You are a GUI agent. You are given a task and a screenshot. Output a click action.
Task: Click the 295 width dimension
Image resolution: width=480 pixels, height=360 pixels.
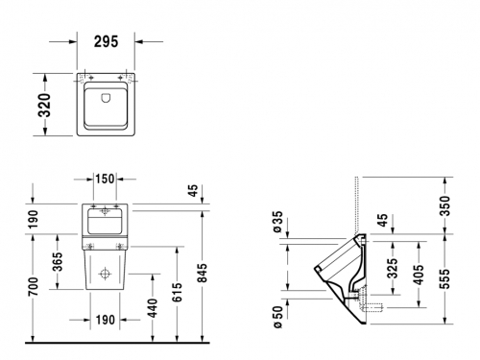point(107,41)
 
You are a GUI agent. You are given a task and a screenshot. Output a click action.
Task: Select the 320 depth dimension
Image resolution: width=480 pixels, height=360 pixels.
point(44,106)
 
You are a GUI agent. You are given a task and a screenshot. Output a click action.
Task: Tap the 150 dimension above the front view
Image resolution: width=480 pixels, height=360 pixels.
point(105,179)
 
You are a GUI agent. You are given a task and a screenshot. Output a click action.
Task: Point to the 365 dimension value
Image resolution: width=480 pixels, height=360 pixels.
point(58,261)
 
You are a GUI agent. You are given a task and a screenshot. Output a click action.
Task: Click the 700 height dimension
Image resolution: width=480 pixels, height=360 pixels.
point(34,286)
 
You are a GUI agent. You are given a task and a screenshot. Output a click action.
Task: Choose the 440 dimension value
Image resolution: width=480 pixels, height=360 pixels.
point(153,308)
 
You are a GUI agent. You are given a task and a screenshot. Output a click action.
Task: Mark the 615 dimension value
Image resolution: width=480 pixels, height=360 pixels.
point(177,292)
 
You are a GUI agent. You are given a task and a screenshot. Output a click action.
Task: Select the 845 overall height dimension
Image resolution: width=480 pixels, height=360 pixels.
point(203,273)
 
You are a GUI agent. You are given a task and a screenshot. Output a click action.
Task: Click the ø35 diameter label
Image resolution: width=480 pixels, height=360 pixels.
point(277,221)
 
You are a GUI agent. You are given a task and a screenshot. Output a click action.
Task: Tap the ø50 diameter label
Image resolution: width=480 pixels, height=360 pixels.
point(277,317)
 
